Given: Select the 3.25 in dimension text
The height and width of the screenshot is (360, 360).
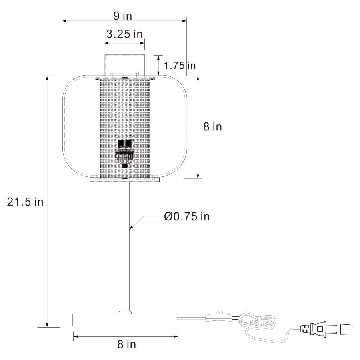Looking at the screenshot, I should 124,34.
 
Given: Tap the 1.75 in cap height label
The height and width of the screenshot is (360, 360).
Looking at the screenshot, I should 180,65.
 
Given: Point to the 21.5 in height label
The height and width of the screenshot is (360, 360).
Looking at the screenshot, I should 25,202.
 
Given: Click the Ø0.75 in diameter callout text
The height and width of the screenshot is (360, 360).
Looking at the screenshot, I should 186,216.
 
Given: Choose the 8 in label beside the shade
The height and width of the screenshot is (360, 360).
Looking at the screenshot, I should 212,127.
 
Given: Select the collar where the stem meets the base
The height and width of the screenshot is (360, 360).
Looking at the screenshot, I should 124,312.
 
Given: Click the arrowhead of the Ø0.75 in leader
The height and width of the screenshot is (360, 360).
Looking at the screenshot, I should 130,227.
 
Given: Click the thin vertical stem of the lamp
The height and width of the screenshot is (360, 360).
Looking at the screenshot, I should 124,248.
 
